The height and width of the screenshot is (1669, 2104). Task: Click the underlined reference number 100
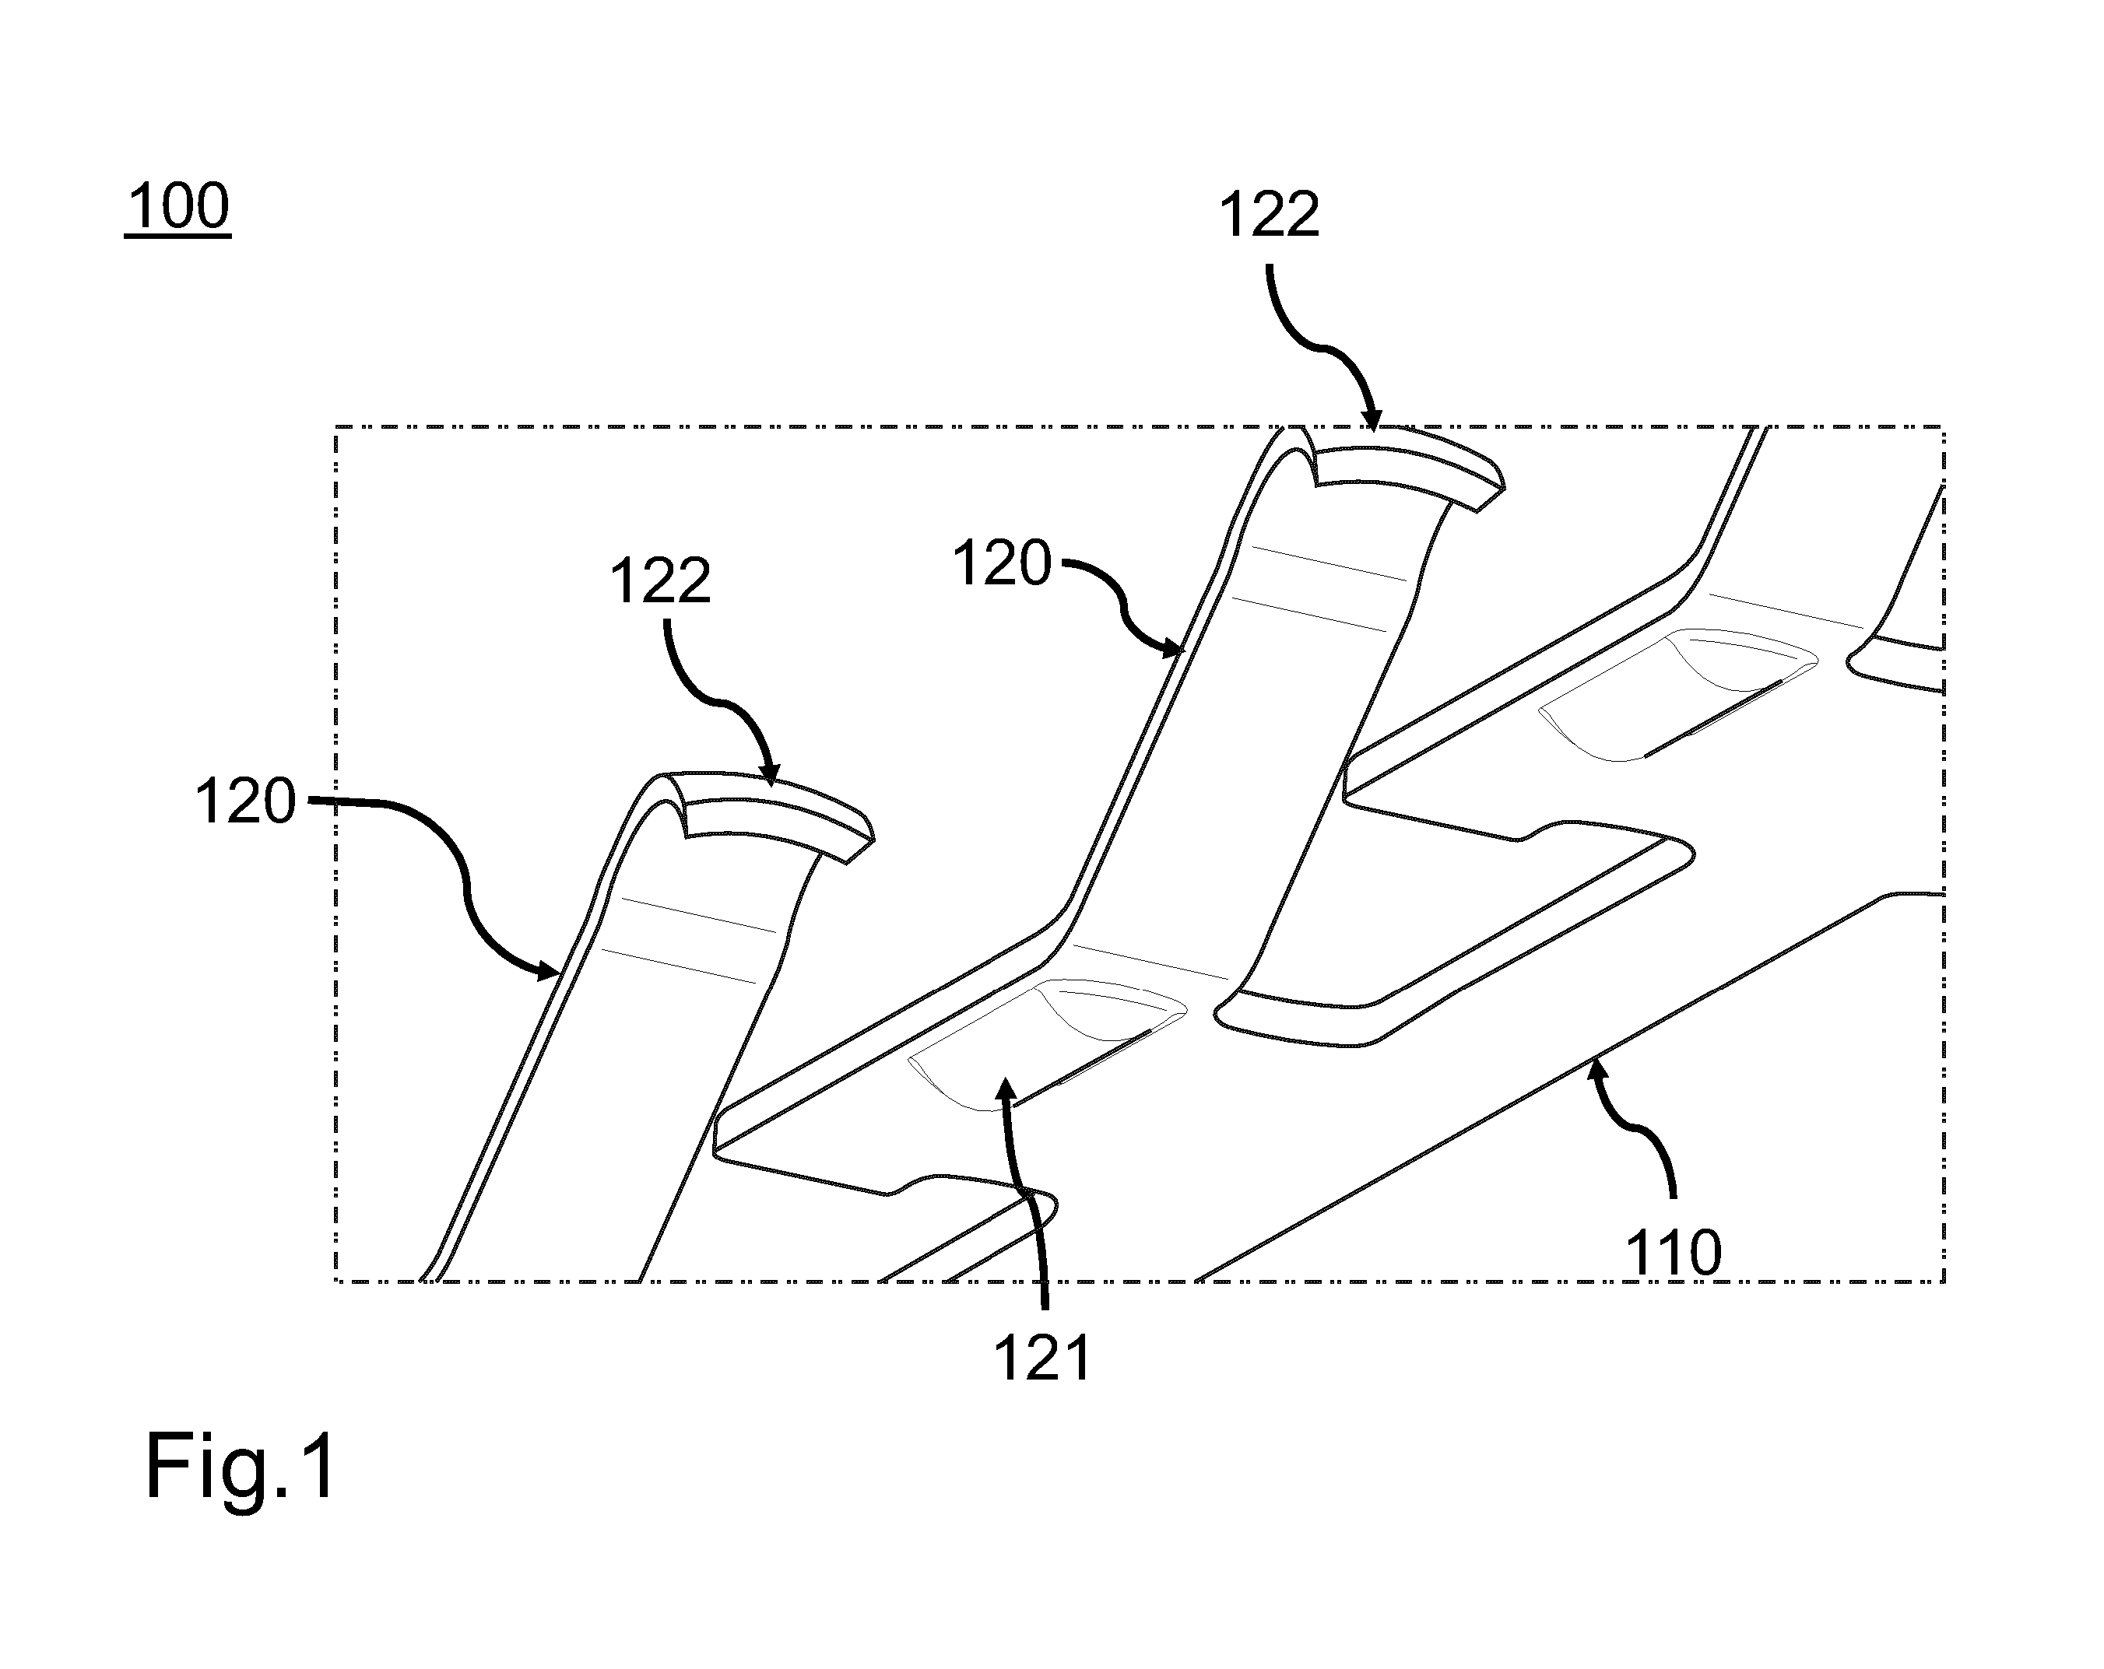(x=177, y=206)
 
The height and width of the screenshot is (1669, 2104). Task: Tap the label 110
(x=1674, y=1253)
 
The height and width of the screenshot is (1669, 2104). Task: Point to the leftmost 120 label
(x=245, y=802)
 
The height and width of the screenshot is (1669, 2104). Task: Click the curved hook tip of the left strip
(x=859, y=849)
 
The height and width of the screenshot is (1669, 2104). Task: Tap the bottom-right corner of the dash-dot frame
(x=1944, y=1281)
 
